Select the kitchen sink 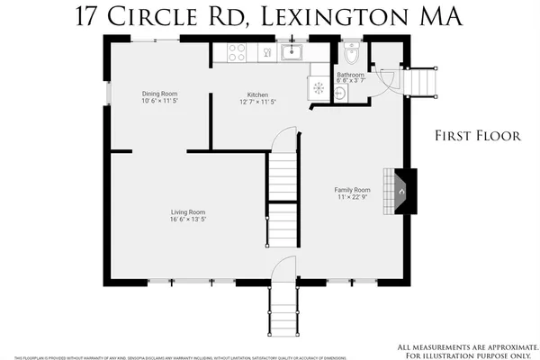pyautogui.click(x=292, y=53)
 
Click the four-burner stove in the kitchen pyautogui.click(x=237, y=53)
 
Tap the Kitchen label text pyautogui.click(x=258, y=94)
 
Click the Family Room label pyautogui.click(x=353, y=190)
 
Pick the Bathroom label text pyautogui.click(x=350, y=75)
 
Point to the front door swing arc pyautogui.click(x=283, y=267)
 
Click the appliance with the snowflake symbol pyautogui.click(x=318, y=88)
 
